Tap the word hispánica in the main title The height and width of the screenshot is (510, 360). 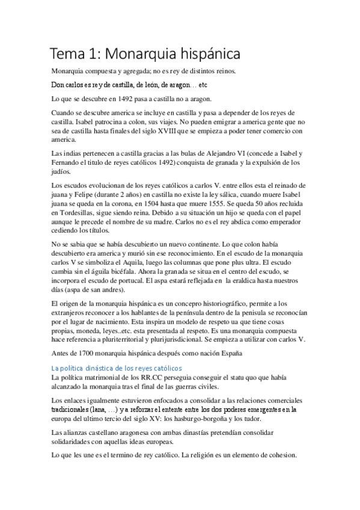coord(204,54)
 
